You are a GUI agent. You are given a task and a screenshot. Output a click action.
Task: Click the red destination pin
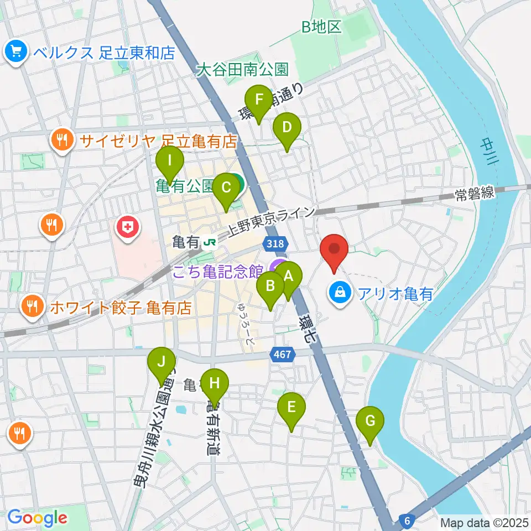(x=334, y=251)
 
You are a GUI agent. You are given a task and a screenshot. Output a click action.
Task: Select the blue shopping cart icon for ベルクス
(x=15, y=52)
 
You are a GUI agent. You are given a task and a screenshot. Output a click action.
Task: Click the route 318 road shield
(x=276, y=243)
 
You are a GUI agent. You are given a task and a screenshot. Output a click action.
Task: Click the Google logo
(x=37, y=517)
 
